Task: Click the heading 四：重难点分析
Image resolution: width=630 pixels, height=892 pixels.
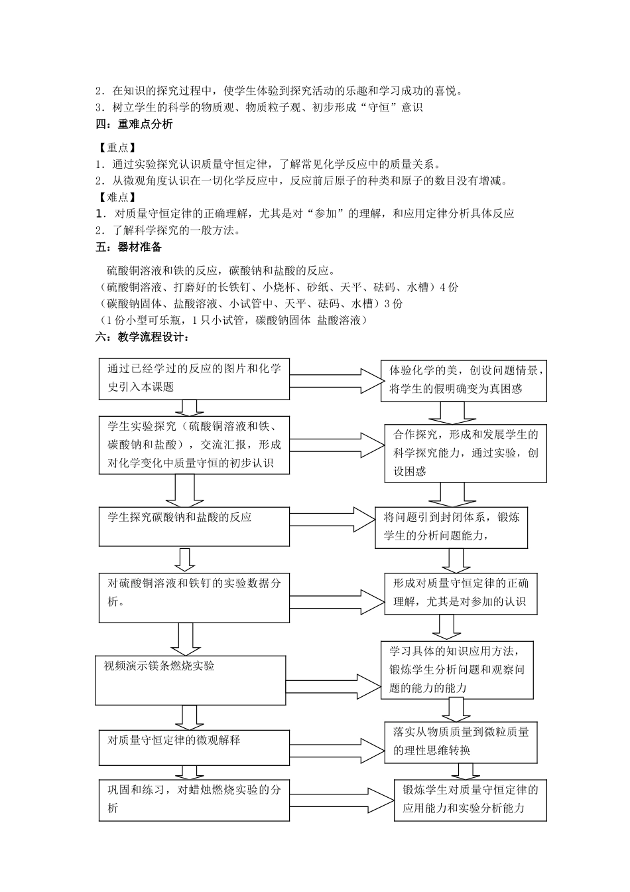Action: click(x=135, y=124)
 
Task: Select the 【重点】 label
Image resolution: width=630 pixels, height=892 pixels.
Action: click(x=117, y=148)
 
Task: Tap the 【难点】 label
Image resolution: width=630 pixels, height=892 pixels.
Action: click(x=117, y=197)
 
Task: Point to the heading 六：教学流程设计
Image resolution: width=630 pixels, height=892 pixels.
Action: click(x=143, y=337)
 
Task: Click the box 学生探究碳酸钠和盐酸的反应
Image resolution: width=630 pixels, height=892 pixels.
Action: click(x=194, y=526)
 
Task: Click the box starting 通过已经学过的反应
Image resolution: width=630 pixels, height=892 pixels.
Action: click(x=194, y=379)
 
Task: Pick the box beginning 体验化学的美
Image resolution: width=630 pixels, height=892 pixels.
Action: click(x=464, y=380)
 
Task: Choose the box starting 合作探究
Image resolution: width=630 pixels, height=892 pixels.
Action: click(x=465, y=453)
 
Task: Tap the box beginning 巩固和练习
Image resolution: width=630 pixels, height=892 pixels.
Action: click(x=194, y=799)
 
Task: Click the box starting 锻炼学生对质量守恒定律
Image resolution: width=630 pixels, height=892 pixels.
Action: click(x=470, y=800)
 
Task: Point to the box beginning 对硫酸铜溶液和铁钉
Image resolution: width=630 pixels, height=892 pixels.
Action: click(x=194, y=597)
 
